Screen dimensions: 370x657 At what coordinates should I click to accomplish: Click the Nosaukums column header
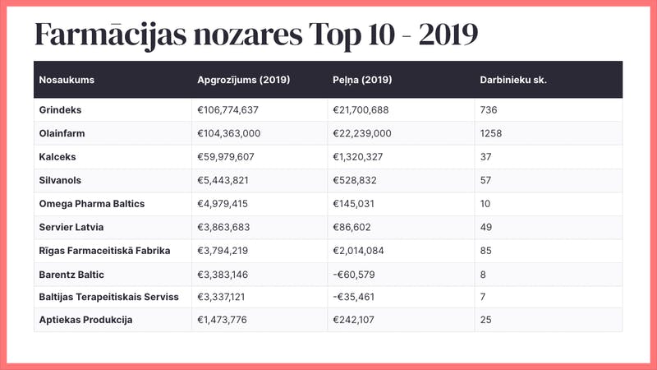click(67, 80)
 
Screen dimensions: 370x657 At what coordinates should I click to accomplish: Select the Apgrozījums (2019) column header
click(243, 80)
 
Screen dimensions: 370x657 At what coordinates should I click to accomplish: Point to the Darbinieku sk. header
click(513, 80)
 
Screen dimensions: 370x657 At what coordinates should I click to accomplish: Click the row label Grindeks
click(61, 109)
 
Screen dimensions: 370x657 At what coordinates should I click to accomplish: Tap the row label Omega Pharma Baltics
click(91, 203)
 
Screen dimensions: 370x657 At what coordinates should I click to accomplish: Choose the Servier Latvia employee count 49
click(485, 226)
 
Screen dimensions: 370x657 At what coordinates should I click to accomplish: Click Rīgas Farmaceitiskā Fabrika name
click(104, 250)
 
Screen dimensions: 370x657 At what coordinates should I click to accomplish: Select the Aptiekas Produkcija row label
click(85, 320)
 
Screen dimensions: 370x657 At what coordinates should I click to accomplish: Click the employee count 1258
click(491, 133)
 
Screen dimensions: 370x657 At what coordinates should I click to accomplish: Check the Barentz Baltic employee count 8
click(483, 273)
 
